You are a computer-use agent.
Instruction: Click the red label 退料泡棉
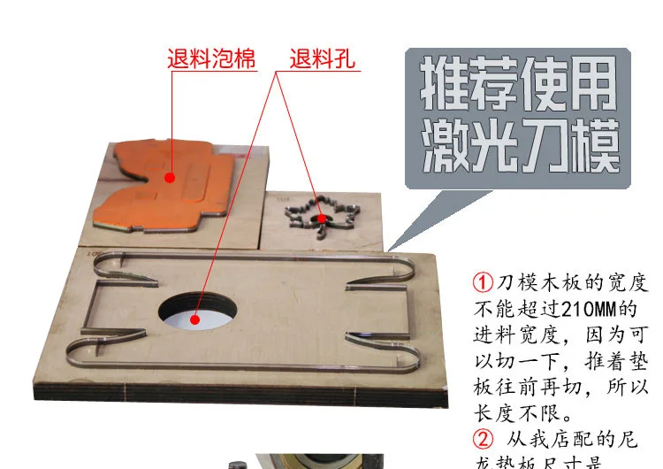211,61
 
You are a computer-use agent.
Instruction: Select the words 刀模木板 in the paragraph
540,284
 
